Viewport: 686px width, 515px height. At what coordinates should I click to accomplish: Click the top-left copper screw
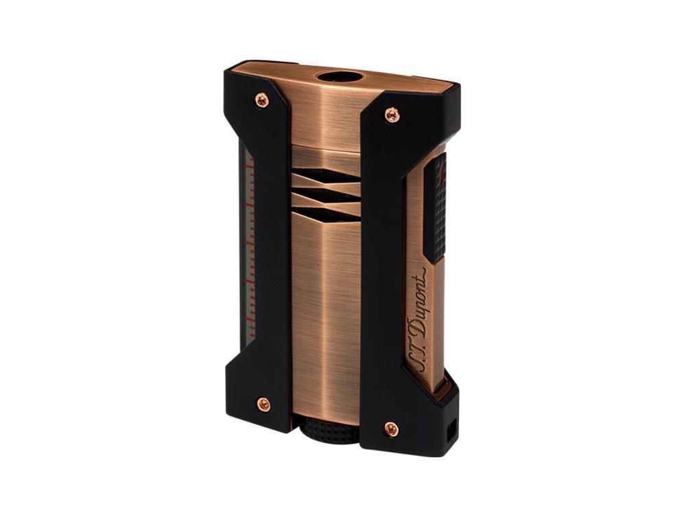pyautogui.click(x=262, y=100)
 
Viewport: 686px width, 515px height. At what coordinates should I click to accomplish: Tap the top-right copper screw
pyautogui.click(x=392, y=115)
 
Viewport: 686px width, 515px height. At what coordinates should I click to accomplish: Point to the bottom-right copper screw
pyautogui.click(x=391, y=430)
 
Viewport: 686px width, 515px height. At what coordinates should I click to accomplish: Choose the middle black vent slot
pyautogui.click(x=324, y=196)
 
